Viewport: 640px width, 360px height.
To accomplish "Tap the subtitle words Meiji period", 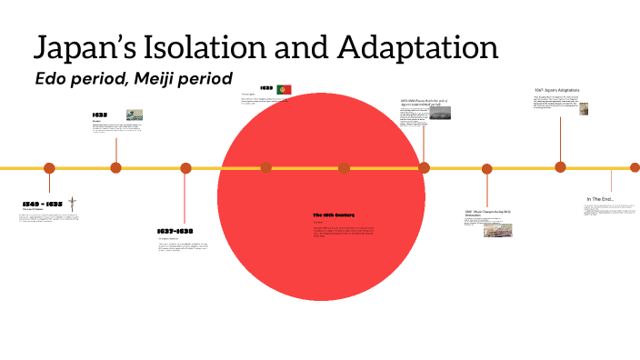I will pyautogui.click(x=186, y=78).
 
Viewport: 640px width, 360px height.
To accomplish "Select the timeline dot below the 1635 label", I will pyautogui.click(x=115, y=167).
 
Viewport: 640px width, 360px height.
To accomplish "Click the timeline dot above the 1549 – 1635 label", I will pyautogui.click(x=49, y=168).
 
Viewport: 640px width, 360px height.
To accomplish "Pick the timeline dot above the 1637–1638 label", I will pyautogui.click(x=185, y=168).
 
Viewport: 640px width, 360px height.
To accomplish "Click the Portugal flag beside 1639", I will pyautogui.click(x=284, y=89).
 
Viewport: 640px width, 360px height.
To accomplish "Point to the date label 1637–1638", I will pyautogui.click(x=175, y=231).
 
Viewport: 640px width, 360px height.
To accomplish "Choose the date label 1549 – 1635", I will pyautogui.click(x=43, y=203).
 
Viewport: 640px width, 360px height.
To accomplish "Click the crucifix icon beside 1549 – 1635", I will pyautogui.click(x=72, y=204).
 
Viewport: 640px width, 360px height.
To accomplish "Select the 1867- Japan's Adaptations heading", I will pyautogui.click(x=556, y=90).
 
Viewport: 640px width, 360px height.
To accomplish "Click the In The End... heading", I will pyautogui.click(x=600, y=199).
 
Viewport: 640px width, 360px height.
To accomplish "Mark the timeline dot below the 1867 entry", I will pyautogui.click(x=560, y=166).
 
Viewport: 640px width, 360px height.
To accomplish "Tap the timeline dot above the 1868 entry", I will pyautogui.click(x=486, y=168).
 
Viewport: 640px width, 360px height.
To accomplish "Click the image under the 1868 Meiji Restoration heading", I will pyautogui.click(x=497, y=230).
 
